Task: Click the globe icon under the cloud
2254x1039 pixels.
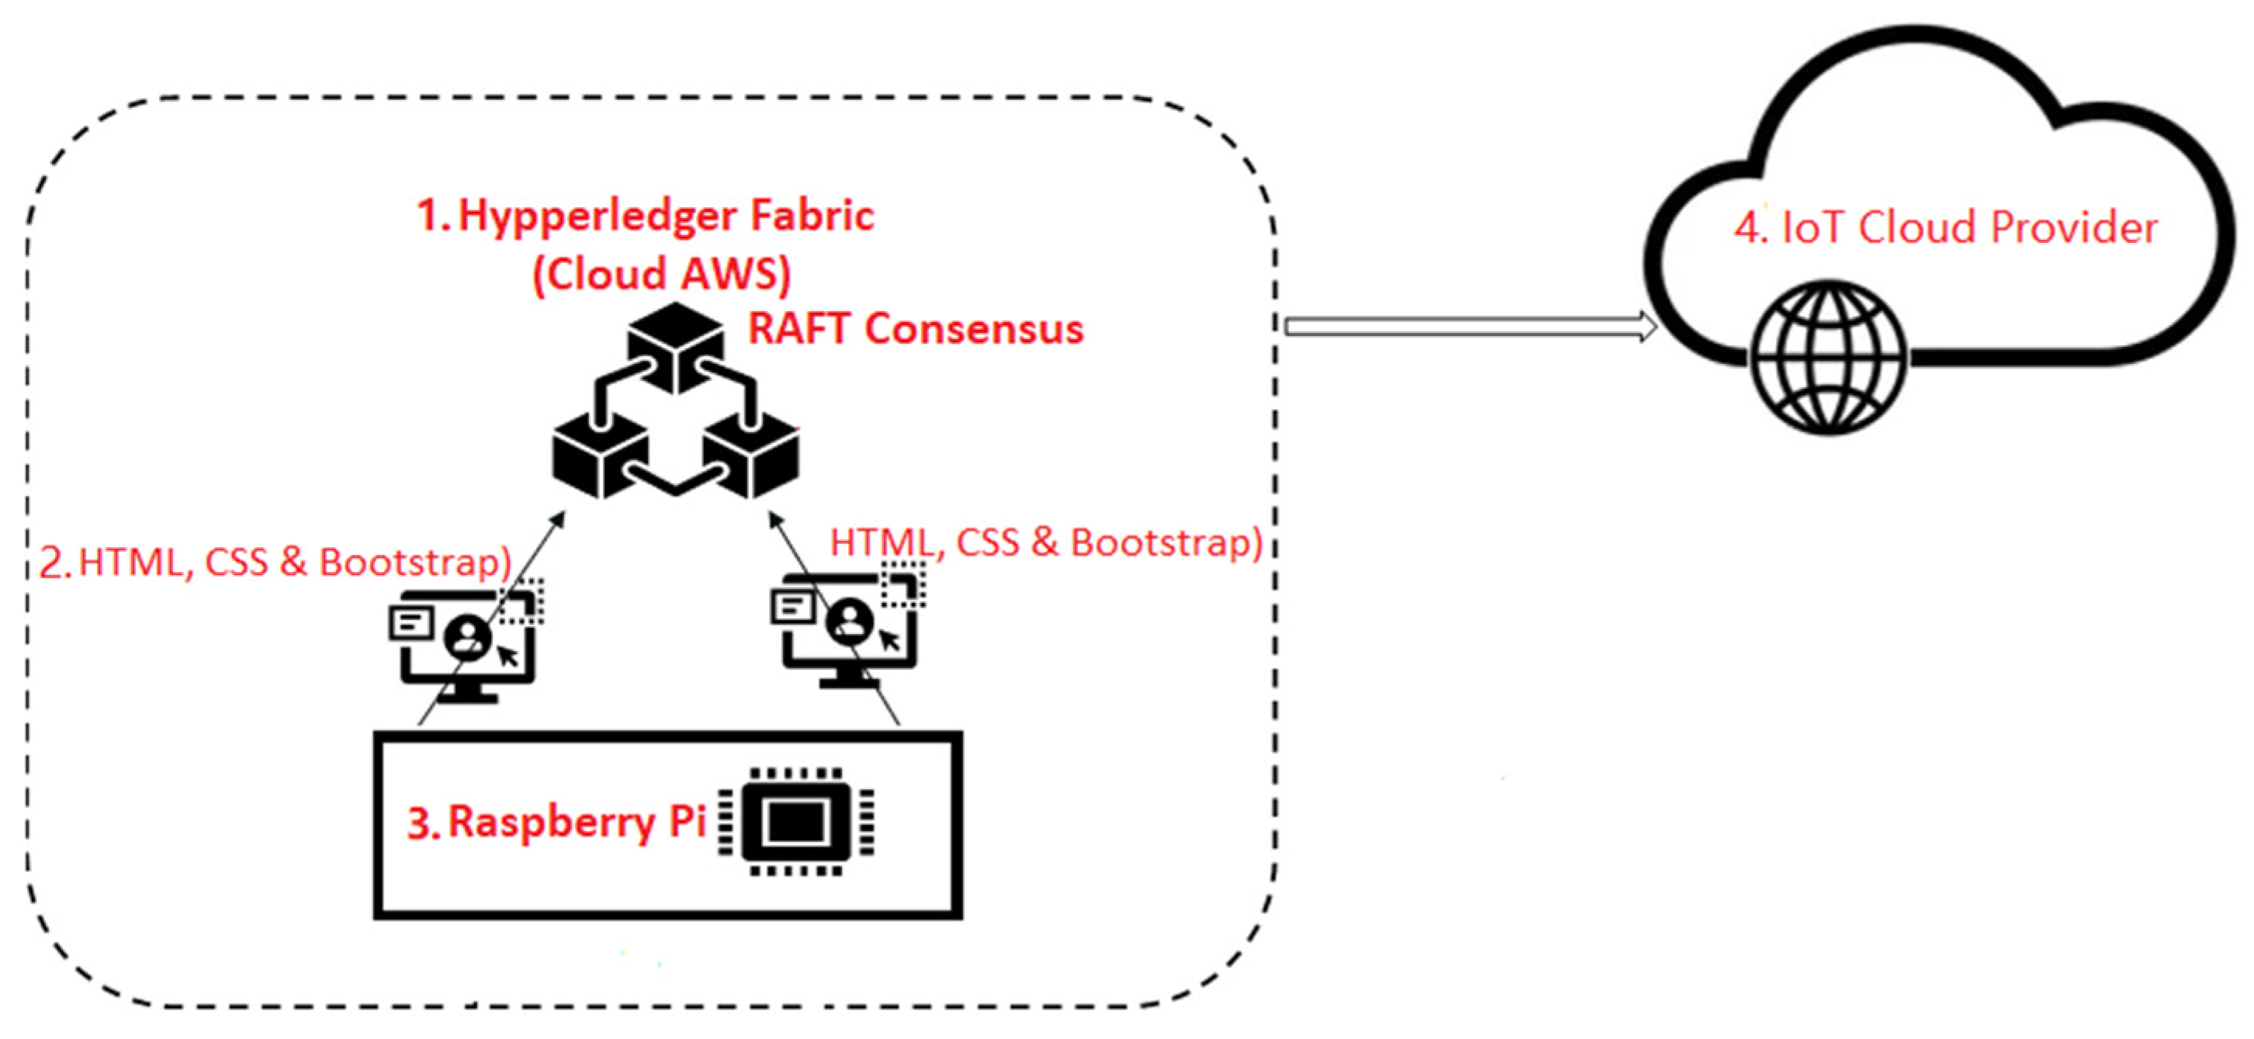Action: pos(1829,357)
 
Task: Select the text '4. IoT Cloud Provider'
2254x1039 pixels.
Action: pos(1946,227)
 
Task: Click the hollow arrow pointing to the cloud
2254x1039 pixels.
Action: pos(1470,327)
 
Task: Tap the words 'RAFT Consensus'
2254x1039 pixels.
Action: pos(916,329)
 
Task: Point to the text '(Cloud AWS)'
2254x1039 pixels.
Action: pos(662,274)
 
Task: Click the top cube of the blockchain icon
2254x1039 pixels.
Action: pos(676,346)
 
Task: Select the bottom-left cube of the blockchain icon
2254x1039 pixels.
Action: pos(601,455)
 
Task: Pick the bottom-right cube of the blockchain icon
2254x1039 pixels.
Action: pos(753,455)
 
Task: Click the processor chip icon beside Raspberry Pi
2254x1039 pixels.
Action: pos(795,821)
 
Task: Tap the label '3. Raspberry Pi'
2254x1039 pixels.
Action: pos(556,822)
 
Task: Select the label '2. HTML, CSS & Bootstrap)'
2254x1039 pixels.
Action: pos(275,562)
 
